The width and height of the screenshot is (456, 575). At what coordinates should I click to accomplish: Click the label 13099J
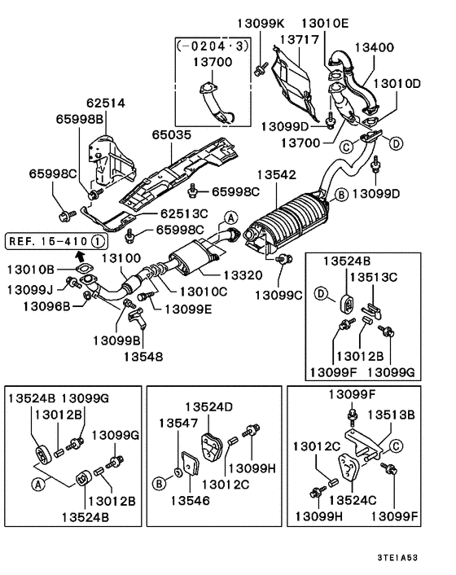tap(31, 289)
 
